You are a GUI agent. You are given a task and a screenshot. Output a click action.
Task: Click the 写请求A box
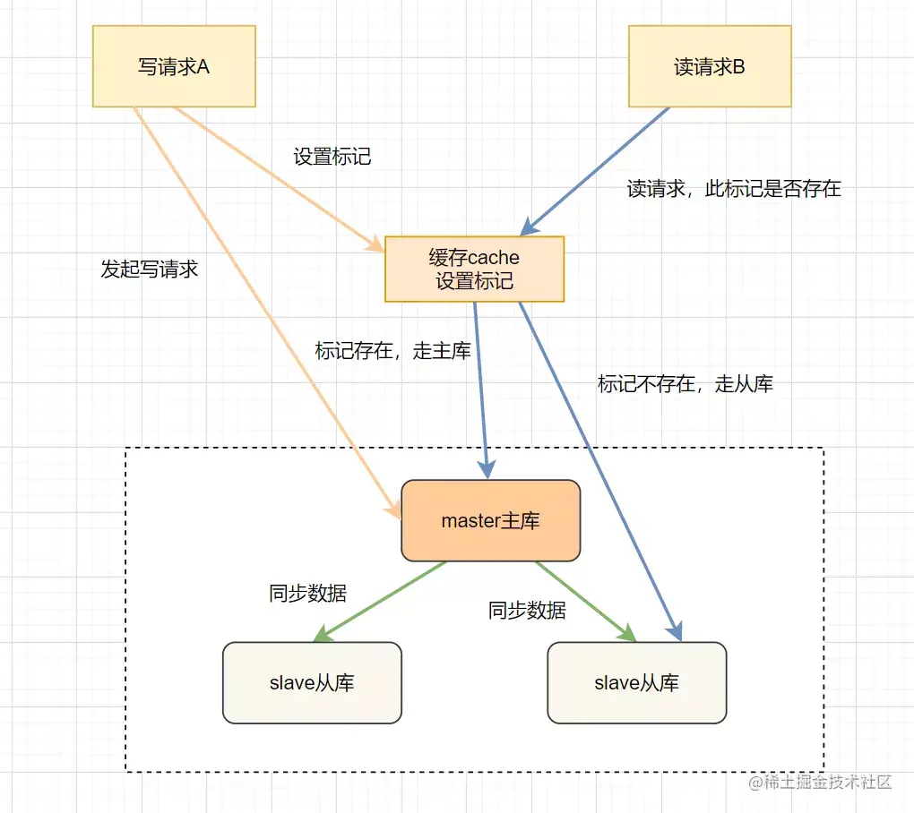tap(175, 66)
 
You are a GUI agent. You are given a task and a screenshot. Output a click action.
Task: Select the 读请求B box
tap(710, 66)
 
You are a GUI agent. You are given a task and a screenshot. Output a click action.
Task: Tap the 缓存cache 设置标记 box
tap(475, 269)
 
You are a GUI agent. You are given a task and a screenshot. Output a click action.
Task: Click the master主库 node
tap(491, 520)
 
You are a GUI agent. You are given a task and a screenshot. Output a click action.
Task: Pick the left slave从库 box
tap(313, 682)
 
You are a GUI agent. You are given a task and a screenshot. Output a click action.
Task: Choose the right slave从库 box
tap(637, 682)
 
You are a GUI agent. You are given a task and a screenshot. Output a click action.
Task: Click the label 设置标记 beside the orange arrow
tap(332, 157)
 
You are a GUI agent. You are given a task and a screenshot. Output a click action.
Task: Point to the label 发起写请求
tap(150, 269)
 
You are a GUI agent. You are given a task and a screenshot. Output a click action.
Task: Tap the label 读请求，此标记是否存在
tap(734, 189)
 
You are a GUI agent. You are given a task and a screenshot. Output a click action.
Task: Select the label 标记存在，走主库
tap(392, 351)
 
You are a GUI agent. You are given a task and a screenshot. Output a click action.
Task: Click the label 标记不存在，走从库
tap(685, 384)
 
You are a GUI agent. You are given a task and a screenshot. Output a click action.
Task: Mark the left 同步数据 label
tap(307, 594)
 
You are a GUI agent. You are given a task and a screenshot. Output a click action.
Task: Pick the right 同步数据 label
tap(527, 611)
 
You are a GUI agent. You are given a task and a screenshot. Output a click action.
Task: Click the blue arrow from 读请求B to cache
tap(595, 171)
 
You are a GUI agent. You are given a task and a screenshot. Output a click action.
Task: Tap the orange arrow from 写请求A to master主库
tap(268, 312)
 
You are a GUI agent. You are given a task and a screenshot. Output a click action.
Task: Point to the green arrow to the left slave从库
tap(379, 603)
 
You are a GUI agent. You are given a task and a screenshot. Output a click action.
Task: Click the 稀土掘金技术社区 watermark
tap(820, 782)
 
